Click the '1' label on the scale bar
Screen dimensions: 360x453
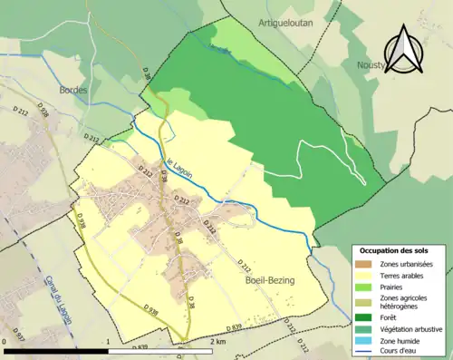tap(108, 342)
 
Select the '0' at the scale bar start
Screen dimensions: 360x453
tap(6, 342)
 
